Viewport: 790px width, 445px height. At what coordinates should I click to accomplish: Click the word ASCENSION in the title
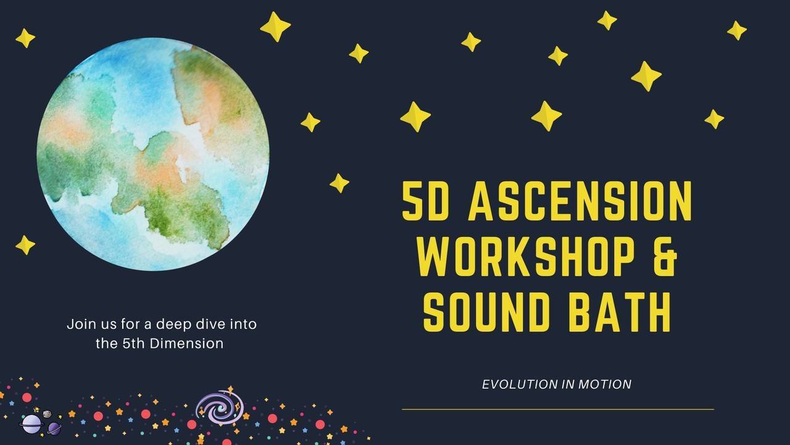(581, 201)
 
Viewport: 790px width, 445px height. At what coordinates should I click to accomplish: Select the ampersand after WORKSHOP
(665, 256)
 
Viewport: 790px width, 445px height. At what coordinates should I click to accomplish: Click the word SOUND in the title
(487, 312)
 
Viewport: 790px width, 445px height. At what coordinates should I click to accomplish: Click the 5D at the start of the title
(426, 201)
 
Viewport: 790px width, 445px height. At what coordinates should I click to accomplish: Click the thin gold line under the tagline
(558, 409)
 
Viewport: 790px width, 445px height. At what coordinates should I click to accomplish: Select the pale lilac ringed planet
(31, 424)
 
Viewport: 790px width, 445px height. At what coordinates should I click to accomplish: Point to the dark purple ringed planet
(54, 429)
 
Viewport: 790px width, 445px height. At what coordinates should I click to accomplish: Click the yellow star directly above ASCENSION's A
(415, 117)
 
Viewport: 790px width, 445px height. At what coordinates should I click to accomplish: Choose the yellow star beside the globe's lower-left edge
(25, 245)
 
